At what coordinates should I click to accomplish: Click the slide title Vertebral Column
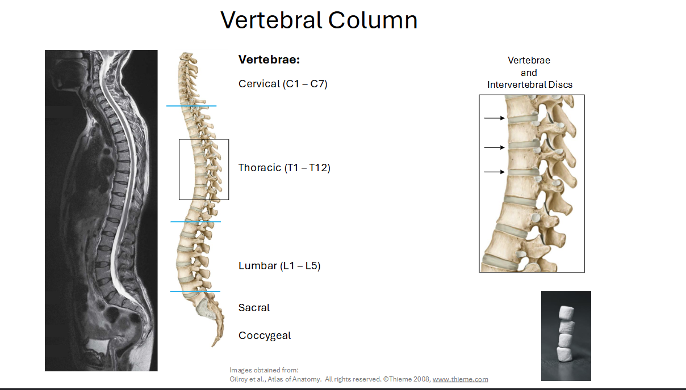319,20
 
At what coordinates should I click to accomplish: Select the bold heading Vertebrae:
269,60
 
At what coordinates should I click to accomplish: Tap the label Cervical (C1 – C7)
283,84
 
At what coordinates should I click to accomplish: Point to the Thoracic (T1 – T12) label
284,168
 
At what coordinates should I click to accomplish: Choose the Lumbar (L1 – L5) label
279,266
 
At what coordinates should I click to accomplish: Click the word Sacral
254,308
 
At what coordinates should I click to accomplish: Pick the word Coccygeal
265,336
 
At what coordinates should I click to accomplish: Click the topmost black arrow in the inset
494,118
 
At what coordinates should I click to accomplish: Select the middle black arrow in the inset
494,147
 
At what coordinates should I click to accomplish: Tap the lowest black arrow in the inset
494,172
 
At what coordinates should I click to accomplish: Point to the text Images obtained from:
264,370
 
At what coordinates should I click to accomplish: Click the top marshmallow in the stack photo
567,313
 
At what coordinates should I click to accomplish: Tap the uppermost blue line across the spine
191,106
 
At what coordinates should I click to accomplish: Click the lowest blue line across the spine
195,291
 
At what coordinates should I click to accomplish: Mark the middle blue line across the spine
195,222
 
